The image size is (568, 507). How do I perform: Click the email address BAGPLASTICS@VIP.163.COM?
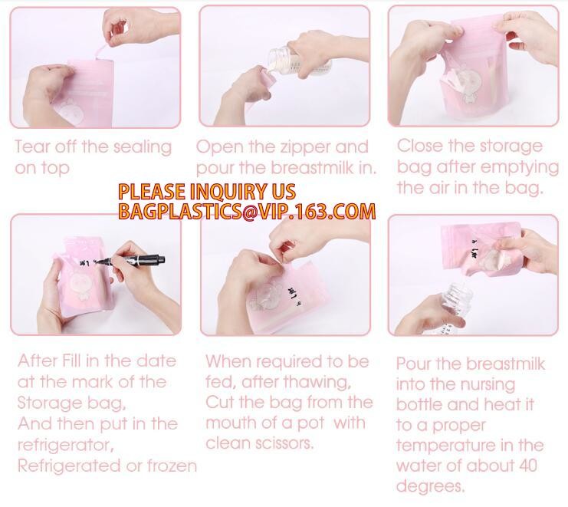click(x=247, y=211)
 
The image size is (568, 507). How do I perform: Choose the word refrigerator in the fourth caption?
click(x=66, y=446)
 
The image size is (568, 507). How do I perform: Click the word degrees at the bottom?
click(x=430, y=487)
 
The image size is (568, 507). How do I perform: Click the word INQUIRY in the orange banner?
click(x=224, y=192)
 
